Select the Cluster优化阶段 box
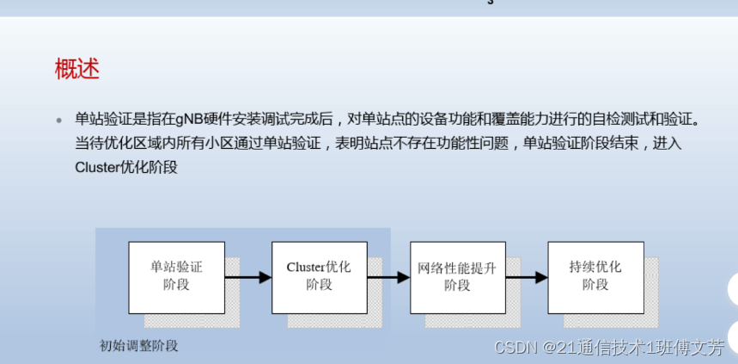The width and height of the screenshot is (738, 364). [x=319, y=276]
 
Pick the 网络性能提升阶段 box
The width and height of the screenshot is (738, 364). [x=457, y=276]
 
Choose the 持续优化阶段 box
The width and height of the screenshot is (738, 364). [x=595, y=276]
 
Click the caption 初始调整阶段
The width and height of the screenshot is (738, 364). [x=138, y=346]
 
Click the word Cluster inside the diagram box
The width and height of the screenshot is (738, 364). [x=306, y=267]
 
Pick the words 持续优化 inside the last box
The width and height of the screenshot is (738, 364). [x=595, y=267]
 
